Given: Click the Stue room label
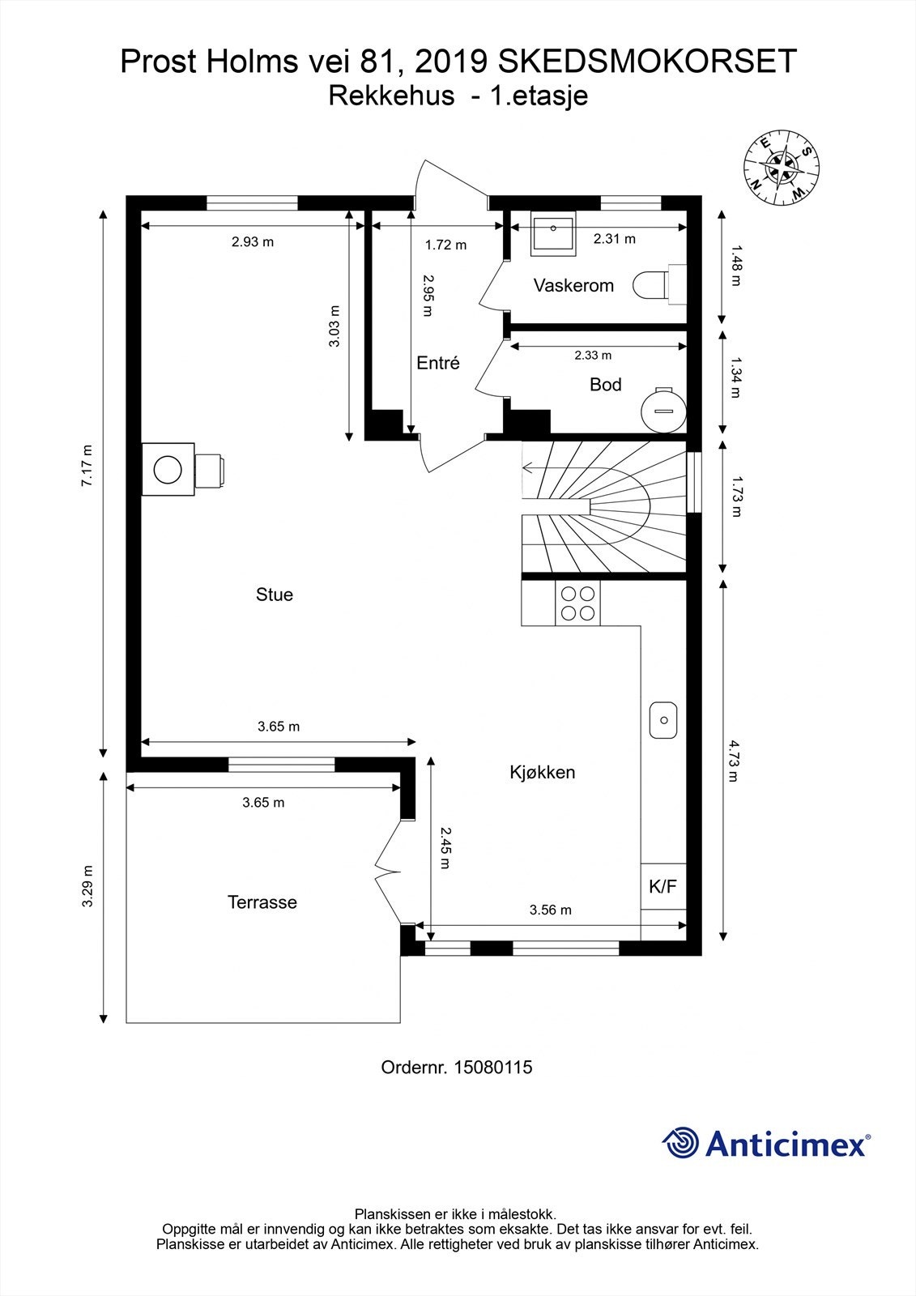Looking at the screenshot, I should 274,595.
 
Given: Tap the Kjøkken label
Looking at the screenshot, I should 542,772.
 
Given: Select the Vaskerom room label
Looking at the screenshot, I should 573,285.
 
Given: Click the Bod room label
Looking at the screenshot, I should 605,385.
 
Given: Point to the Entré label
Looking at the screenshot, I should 437,363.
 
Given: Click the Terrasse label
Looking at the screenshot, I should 262,902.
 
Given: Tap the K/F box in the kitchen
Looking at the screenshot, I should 663,886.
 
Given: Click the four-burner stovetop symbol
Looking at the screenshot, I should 577,604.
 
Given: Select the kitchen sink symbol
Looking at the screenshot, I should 663,719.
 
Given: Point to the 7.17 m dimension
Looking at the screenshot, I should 87,466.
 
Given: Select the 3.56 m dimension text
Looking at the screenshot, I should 550,910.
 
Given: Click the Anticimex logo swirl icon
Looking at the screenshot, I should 680,1143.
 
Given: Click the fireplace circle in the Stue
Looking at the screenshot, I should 168,469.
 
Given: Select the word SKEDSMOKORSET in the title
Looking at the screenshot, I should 647,62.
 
